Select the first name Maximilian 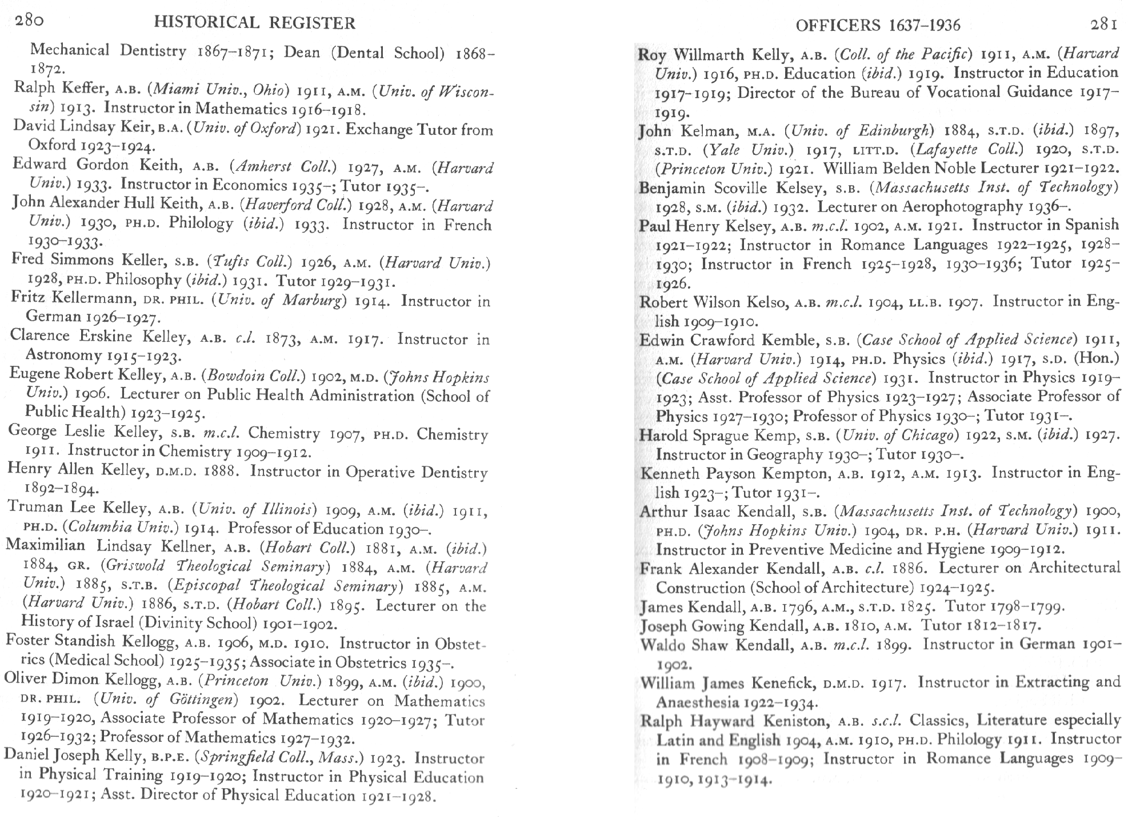coord(45,545)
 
